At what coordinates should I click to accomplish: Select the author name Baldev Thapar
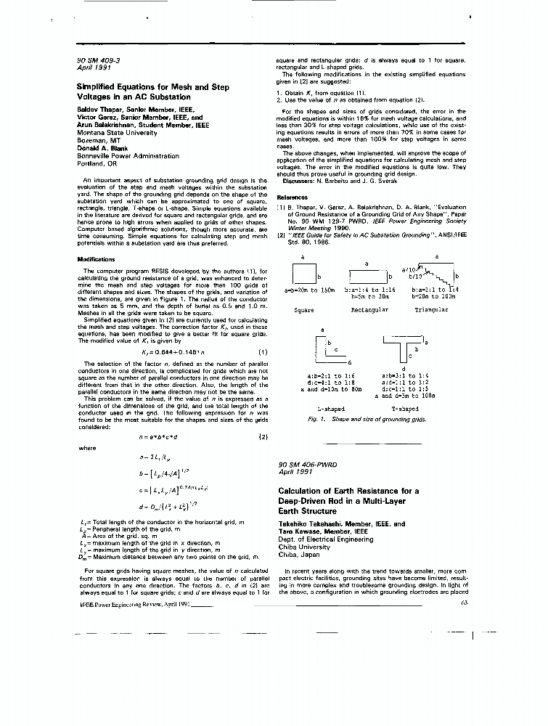click(x=101, y=108)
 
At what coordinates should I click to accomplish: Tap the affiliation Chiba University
click(x=304, y=547)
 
